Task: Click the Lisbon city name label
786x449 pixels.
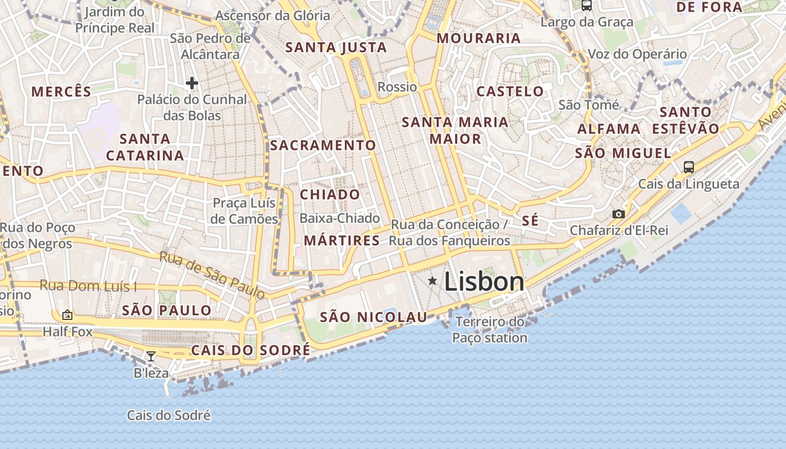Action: pyautogui.click(x=484, y=282)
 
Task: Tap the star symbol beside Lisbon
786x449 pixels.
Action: pyautogui.click(x=432, y=280)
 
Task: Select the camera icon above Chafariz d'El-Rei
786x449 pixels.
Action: pyautogui.click(x=618, y=214)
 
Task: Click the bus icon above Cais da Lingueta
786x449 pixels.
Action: pyautogui.click(x=688, y=167)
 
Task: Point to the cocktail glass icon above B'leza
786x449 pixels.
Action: pyautogui.click(x=150, y=356)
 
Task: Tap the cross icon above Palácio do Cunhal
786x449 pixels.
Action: pyautogui.click(x=192, y=83)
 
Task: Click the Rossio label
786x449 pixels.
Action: pyautogui.click(x=397, y=87)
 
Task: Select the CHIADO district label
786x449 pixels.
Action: pyautogui.click(x=330, y=195)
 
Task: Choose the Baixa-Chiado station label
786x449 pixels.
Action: pyautogui.click(x=340, y=218)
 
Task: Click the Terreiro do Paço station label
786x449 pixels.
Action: pyautogui.click(x=490, y=330)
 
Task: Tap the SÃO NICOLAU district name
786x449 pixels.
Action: pyautogui.click(x=373, y=317)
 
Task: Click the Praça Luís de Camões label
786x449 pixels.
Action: pyautogui.click(x=244, y=211)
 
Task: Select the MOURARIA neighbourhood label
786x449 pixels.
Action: pyautogui.click(x=479, y=38)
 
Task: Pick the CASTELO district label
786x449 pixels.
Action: pyautogui.click(x=510, y=91)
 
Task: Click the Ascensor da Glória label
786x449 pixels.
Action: pyautogui.click(x=272, y=16)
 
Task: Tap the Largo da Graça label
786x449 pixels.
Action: pyautogui.click(x=587, y=22)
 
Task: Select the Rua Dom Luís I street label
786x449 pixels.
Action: pyautogui.click(x=88, y=286)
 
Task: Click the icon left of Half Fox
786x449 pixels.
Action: pyautogui.click(x=67, y=315)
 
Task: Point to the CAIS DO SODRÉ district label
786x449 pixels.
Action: pyautogui.click(x=250, y=351)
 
